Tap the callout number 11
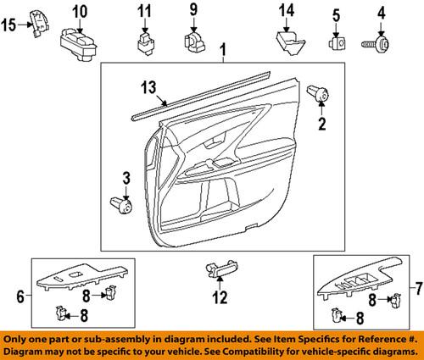pyautogui.click(x=144, y=12)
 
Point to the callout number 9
pyautogui.click(x=193, y=12)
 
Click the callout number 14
pyautogui.click(x=287, y=12)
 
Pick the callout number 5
pyautogui.click(x=335, y=14)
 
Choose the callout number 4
pyautogui.click(x=382, y=14)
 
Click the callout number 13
pyautogui.click(x=149, y=86)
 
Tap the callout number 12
pyautogui.click(x=220, y=297)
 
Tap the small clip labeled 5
pyautogui.click(x=336, y=40)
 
